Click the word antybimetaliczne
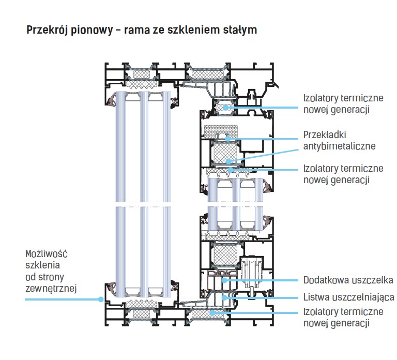point(340,146)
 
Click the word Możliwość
point(47,254)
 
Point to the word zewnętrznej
point(51,289)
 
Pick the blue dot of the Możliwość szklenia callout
point(101,299)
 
